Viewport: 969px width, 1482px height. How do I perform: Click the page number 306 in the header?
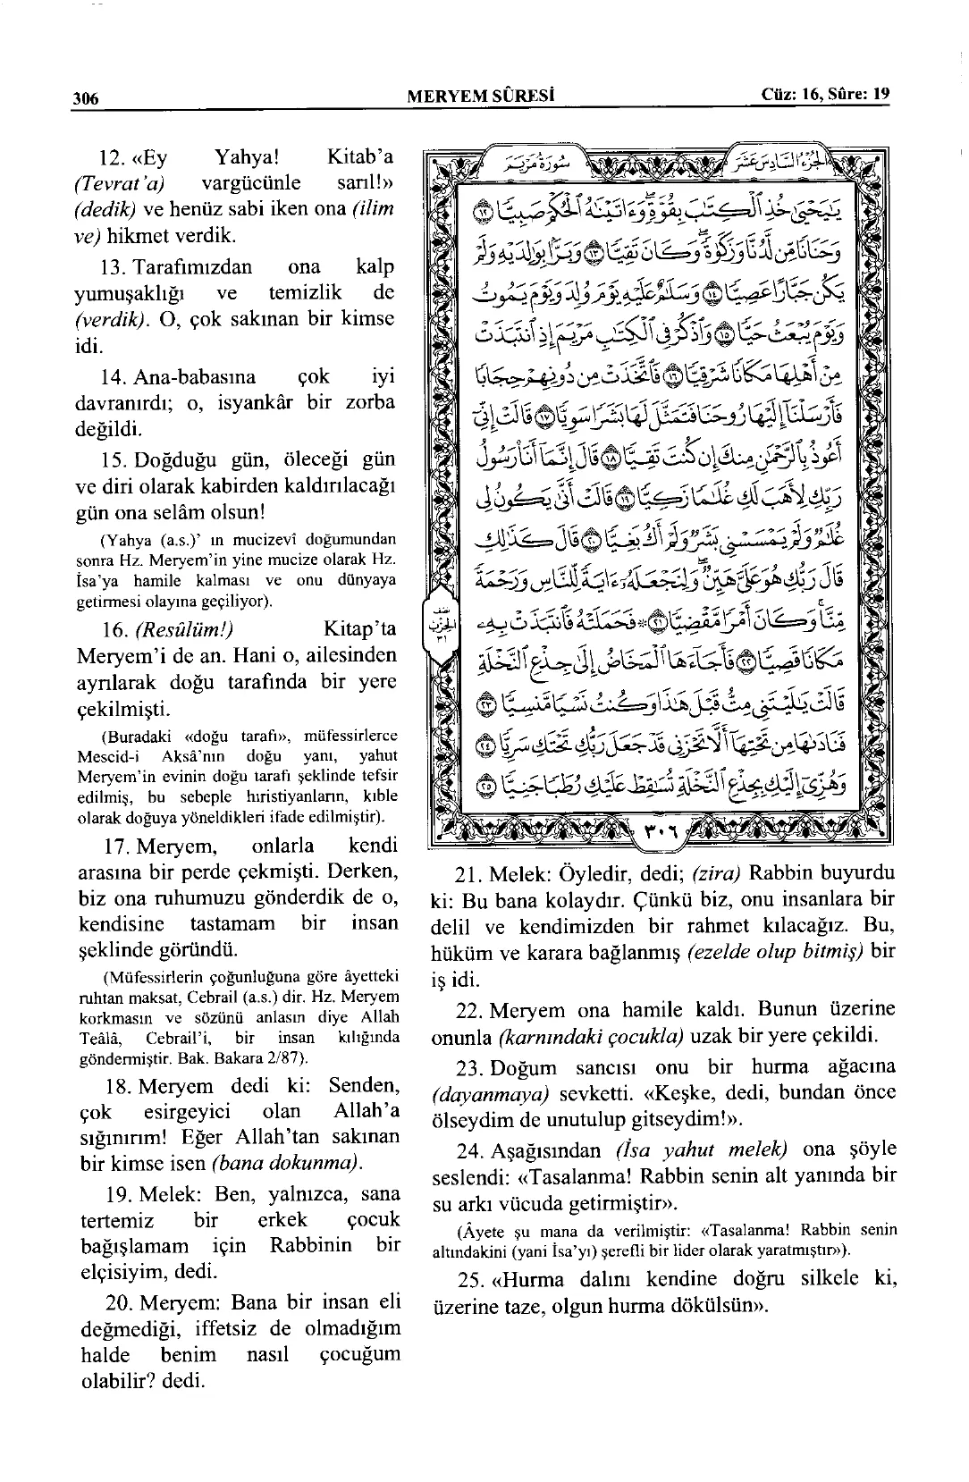coord(86,97)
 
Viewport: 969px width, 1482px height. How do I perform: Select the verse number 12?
coord(111,158)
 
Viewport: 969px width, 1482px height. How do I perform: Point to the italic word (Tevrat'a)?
coord(124,184)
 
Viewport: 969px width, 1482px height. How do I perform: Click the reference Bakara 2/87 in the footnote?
coord(264,1058)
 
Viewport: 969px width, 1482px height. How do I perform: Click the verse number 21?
coord(471,873)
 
